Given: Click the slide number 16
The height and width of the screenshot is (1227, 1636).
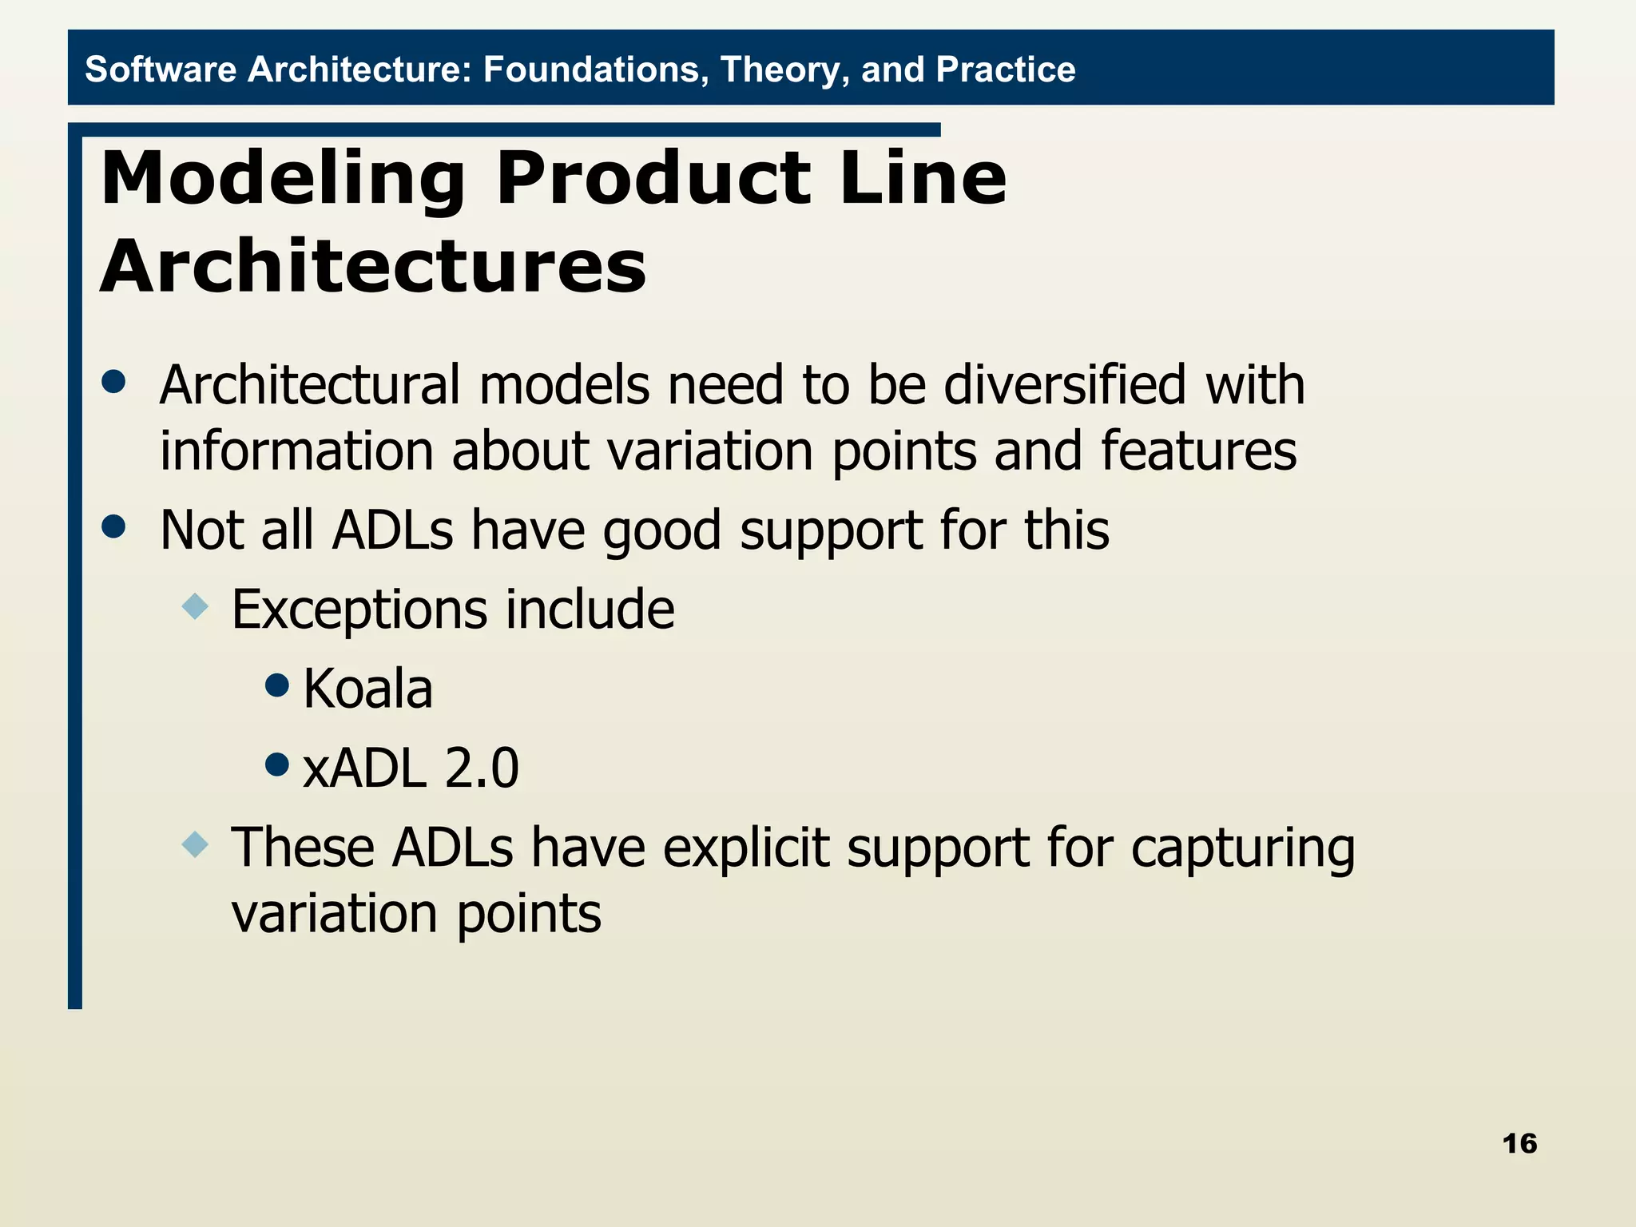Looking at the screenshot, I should (1519, 1143).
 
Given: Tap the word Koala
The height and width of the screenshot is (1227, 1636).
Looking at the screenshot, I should (367, 689).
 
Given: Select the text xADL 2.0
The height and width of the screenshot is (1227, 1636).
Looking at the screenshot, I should (411, 768).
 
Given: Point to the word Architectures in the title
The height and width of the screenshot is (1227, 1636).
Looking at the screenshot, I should (373, 267).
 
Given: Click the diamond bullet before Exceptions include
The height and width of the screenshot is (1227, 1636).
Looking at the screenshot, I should (195, 606).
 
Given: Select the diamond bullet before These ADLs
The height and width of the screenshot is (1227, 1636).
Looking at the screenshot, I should (195, 844).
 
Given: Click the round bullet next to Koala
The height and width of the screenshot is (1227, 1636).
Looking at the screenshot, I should (276, 685).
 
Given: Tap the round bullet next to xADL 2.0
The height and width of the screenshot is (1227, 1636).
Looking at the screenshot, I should (276, 764).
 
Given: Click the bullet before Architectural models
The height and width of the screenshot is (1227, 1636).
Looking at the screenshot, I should (114, 381).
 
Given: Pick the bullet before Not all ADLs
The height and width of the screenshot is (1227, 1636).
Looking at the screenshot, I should (114, 526).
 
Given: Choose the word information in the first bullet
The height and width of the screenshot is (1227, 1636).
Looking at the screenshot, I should (296, 451).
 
